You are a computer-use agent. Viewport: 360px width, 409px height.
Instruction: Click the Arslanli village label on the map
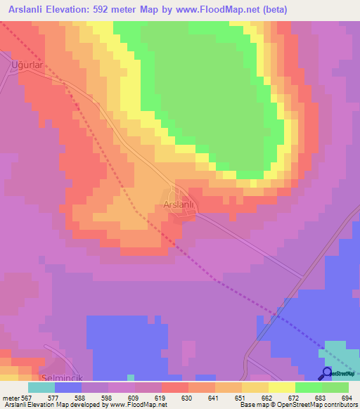178,204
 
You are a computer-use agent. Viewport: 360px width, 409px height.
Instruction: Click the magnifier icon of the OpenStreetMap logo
327,372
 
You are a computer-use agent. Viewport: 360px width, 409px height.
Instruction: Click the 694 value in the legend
347,398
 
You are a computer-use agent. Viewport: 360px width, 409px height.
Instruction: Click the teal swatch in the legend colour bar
41,387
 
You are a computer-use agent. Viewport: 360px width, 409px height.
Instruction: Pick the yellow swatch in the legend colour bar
282,387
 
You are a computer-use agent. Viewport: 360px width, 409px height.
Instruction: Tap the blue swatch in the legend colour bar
68,387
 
